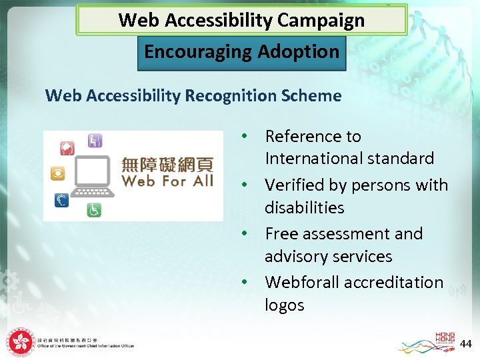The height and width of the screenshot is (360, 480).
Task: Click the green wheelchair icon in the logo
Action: point(94,210)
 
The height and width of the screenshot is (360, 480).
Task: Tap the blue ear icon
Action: point(61,200)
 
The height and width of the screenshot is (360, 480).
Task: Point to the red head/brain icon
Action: point(67,147)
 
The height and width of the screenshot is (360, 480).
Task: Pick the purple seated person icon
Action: point(95,140)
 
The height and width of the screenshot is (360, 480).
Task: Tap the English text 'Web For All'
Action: point(167,181)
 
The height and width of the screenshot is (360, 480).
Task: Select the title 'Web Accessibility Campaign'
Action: point(241,20)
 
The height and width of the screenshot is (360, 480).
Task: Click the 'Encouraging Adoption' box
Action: point(241,52)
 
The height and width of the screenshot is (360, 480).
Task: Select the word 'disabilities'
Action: point(304,207)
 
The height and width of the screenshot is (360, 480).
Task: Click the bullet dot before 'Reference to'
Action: point(245,136)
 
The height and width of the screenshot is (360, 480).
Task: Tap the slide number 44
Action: point(466,343)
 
